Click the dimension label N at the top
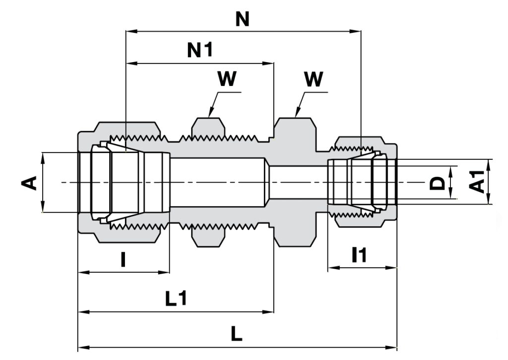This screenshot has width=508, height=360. (x=242, y=19)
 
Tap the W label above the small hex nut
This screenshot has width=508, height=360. (x=227, y=79)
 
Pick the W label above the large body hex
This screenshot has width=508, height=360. (x=314, y=79)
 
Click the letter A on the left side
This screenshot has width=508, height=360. (x=29, y=183)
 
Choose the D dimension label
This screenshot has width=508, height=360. (x=437, y=183)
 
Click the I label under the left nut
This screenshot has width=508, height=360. (x=123, y=260)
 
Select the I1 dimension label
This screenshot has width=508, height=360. (x=360, y=255)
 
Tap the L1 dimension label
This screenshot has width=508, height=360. (x=176, y=298)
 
